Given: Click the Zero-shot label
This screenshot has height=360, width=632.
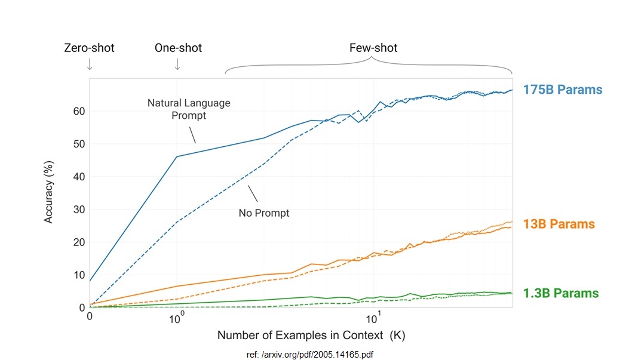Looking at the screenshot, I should [89, 48].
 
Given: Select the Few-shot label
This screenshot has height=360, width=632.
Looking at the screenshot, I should [373, 48].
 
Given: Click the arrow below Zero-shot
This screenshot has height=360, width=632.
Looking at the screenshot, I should [90, 64].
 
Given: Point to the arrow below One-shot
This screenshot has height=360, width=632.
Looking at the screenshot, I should [177, 64].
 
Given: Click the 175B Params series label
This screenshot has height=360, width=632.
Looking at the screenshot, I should [563, 90].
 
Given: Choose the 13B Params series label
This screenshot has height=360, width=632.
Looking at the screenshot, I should [559, 224].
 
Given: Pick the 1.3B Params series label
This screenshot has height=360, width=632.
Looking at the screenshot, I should [560, 293].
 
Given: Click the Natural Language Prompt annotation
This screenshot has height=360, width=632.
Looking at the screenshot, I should [189, 109].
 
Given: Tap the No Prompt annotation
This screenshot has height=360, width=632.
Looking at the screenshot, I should [263, 213].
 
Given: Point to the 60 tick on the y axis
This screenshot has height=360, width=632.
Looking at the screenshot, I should [79, 111].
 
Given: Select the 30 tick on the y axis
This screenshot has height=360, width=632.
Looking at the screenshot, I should [79, 210].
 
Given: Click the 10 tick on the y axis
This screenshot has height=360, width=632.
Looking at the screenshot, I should [79, 275].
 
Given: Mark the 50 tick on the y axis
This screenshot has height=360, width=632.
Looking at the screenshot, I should [79, 144].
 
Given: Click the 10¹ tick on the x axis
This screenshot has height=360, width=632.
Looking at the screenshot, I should [373, 316].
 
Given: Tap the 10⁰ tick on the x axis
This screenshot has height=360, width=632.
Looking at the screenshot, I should [176, 316].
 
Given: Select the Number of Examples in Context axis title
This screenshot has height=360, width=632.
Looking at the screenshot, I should [311, 335].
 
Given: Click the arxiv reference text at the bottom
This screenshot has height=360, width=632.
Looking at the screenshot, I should [309, 355].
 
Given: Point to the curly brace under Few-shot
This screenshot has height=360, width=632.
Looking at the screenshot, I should [369, 64].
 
